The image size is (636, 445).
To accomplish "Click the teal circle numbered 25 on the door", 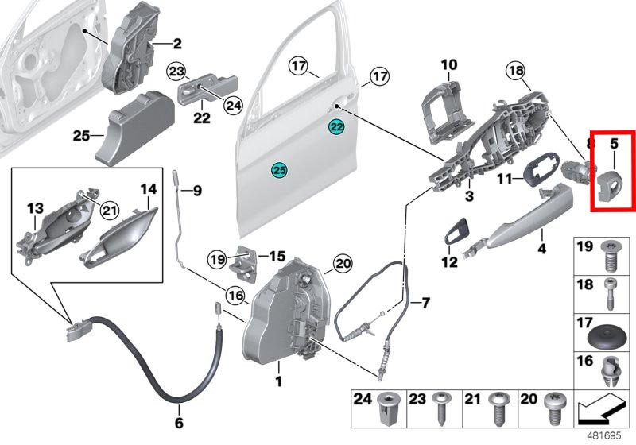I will point(278,169).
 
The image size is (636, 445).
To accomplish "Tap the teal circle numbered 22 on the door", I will point(336,127).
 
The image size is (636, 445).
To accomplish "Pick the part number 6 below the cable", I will point(179,422).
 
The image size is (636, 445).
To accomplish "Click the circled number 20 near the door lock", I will point(342,263).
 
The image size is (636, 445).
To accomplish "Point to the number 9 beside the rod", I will point(197,191).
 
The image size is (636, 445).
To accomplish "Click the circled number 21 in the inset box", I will point(109,210).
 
